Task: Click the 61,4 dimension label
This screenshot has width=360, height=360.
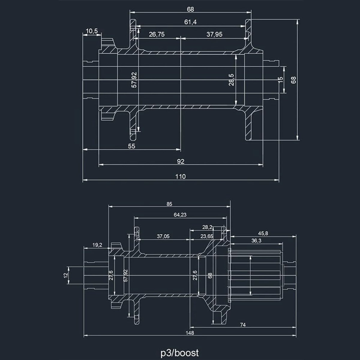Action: coord(190,22)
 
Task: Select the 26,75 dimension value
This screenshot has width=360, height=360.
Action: coord(157,34)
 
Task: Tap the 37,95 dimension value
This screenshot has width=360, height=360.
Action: coord(214,34)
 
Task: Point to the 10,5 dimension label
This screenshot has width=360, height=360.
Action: coord(92,31)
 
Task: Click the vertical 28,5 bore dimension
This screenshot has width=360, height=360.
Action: coord(231,80)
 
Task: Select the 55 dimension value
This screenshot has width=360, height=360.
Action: coord(131,146)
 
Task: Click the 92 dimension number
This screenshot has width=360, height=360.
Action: coord(181,161)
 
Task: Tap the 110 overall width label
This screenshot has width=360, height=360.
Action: coord(181,176)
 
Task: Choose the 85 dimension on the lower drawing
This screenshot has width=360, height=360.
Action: coord(169,204)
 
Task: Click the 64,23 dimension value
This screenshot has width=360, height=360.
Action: coord(180,215)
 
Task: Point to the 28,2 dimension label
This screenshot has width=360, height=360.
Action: coord(207,227)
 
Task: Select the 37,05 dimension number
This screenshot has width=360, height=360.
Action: coord(163,236)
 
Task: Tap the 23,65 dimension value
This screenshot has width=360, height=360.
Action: coord(207,236)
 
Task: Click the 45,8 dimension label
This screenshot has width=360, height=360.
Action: coord(263,233)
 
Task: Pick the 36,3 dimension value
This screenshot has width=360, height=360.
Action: coord(256,241)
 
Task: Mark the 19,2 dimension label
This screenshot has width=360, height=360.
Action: coord(97,245)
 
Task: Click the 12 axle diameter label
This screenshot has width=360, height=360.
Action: coord(66,275)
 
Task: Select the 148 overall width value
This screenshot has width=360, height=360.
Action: coord(190,333)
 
